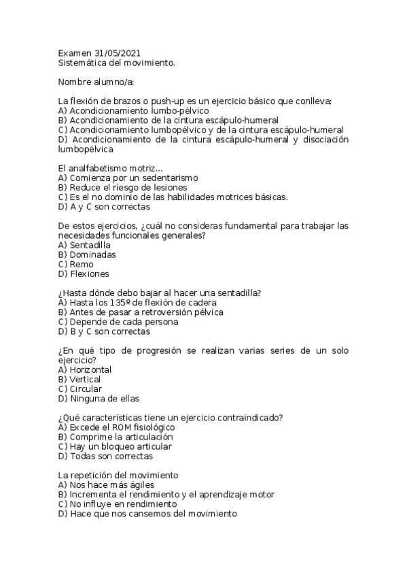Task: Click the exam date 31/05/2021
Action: click(x=117, y=53)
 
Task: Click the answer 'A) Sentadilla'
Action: click(x=85, y=246)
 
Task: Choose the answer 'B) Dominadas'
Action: click(x=88, y=255)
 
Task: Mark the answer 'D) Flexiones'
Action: click(x=84, y=274)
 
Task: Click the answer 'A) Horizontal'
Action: click(x=86, y=370)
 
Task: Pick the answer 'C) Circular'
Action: click(x=81, y=389)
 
